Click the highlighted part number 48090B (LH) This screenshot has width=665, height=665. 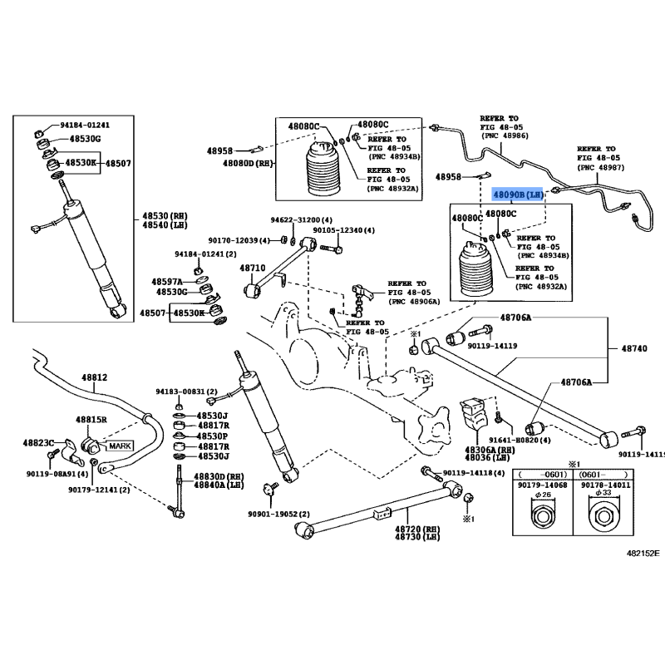(x=517, y=195)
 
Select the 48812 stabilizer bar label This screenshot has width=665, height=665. (x=94, y=377)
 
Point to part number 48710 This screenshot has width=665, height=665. (x=253, y=268)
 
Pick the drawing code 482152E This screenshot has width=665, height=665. (x=643, y=551)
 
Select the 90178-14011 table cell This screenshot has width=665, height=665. (x=605, y=485)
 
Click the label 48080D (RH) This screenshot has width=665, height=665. (x=248, y=164)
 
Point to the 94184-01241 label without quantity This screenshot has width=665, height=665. (x=84, y=125)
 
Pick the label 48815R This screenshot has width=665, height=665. (x=91, y=421)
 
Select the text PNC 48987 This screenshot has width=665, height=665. (x=599, y=168)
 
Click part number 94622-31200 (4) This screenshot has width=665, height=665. (x=298, y=221)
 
